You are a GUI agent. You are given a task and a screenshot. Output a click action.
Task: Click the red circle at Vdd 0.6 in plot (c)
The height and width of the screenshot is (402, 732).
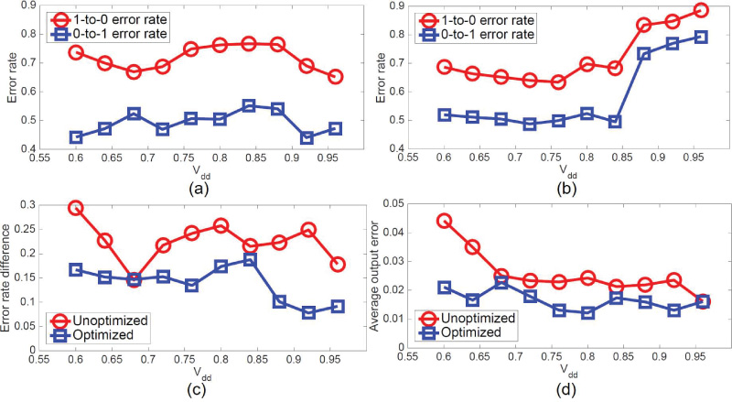tap(76, 208)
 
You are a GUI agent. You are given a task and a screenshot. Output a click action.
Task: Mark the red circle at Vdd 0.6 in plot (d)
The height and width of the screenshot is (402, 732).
tap(444, 221)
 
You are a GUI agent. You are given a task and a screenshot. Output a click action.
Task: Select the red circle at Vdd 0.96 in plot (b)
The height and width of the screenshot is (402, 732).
tap(700, 10)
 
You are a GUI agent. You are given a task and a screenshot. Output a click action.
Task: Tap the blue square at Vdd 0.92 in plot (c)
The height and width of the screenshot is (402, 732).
tap(309, 312)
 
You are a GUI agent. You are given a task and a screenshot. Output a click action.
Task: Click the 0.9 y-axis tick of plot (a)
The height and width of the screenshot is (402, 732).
tap(25, 6)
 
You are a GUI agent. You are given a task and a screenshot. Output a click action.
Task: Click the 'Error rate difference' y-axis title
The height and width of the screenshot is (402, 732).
tap(8, 277)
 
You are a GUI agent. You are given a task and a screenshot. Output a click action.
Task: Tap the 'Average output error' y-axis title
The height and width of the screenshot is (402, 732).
tap(375, 277)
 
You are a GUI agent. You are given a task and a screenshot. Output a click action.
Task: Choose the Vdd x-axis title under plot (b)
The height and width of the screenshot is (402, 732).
tap(563, 171)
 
